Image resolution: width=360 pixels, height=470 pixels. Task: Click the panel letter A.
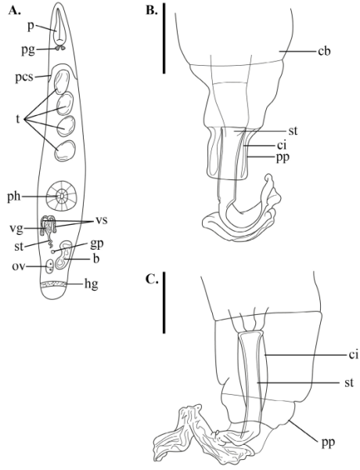15,10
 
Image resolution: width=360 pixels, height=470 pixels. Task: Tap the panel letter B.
151,10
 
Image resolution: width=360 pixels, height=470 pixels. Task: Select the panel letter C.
152,279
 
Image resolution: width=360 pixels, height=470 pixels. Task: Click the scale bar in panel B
164,38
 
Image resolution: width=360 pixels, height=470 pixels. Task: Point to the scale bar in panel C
164,302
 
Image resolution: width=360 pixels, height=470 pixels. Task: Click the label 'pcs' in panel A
24,78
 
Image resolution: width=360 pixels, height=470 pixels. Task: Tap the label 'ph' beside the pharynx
14,197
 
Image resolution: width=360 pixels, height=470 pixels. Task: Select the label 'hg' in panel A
91,284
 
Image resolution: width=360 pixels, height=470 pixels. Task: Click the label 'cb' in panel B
324,51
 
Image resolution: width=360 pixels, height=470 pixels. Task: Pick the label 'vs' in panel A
101,221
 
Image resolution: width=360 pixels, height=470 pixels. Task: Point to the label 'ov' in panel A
18,266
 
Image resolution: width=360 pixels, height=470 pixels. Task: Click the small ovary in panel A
49,266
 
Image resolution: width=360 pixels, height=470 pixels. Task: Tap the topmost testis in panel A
61,82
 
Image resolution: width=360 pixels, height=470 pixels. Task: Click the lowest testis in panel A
65,151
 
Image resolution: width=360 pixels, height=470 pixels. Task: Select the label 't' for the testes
18,119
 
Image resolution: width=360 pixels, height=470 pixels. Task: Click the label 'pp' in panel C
328,443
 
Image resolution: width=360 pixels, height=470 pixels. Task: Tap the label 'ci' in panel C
353,355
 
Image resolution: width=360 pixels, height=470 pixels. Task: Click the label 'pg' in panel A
28,50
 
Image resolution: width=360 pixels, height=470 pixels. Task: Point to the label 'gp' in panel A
97,244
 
